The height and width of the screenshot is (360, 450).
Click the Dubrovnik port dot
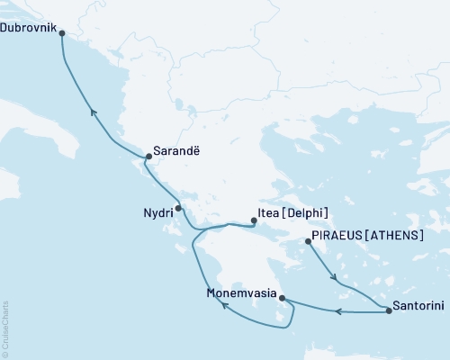click(x=61, y=33)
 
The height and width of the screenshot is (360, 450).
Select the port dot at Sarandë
click(x=148, y=155)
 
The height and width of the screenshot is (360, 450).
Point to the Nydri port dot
click(x=178, y=208)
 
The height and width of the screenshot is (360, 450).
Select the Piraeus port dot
click(x=308, y=241)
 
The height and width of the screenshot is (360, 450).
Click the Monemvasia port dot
click(x=282, y=298)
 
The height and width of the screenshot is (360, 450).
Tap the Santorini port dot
click(x=389, y=311)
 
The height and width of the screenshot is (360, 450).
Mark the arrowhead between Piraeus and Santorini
click(x=336, y=277)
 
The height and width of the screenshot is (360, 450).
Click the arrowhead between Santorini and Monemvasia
click(x=338, y=311)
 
